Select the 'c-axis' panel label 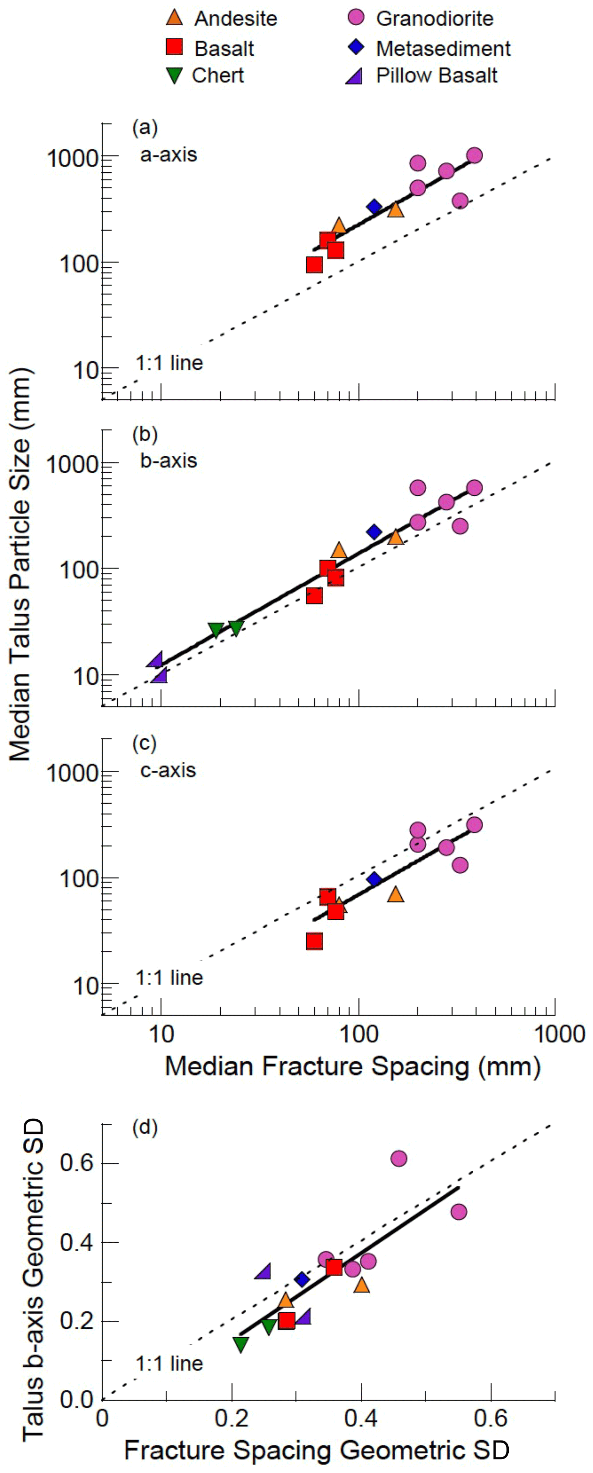[168, 770]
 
